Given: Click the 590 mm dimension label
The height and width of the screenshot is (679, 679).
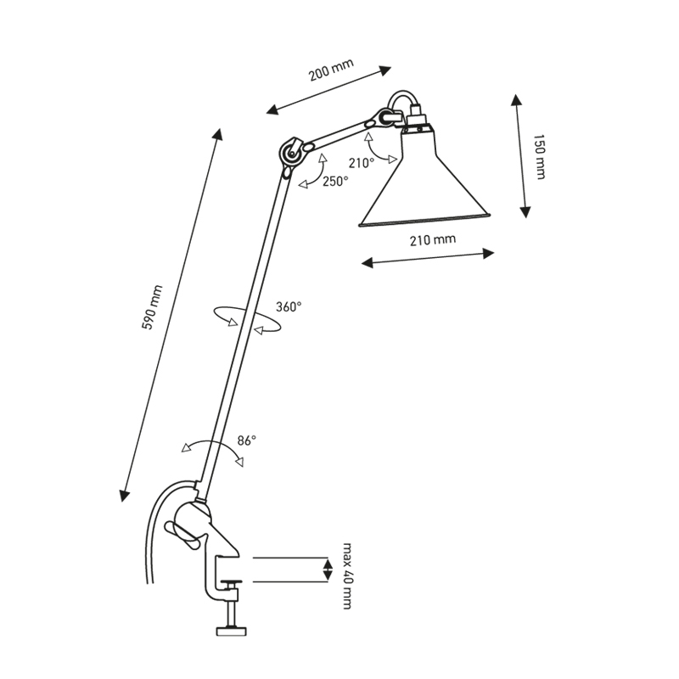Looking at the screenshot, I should coord(153,308).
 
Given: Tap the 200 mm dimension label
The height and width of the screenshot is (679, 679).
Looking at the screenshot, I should coord(331,71).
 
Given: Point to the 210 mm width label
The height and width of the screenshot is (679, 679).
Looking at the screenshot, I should coord(432,240).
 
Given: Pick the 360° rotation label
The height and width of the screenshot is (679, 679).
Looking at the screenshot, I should coord(289,307).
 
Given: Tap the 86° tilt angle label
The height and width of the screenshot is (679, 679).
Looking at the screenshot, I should coord(246,441).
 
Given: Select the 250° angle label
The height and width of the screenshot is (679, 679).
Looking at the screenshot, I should coord(334,181).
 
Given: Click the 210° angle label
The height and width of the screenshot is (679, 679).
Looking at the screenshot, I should coord(361,162).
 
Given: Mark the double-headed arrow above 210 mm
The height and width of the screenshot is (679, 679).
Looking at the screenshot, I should coord(428,257).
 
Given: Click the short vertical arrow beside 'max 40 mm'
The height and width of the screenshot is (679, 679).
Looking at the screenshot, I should coord(327,569).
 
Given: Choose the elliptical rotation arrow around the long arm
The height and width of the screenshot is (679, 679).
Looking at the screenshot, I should coord(246,321).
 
